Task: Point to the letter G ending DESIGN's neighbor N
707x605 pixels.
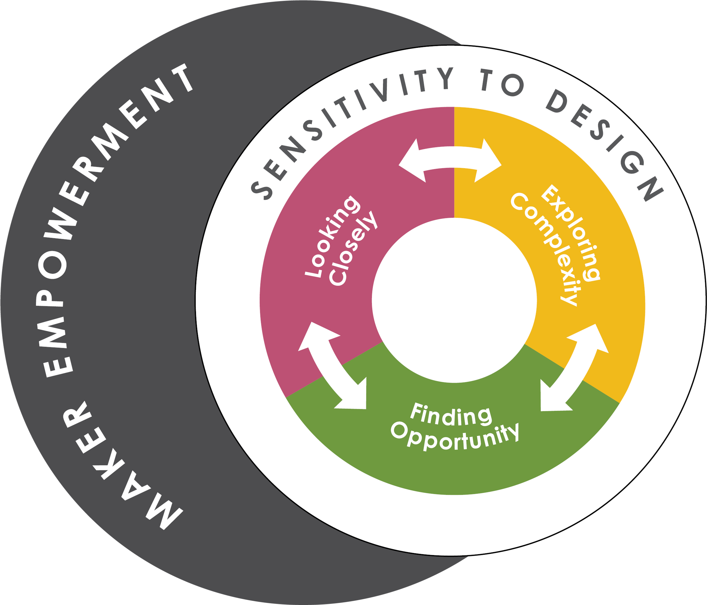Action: pyautogui.click(x=632, y=162)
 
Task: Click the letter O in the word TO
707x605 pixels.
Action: pyautogui.click(x=513, y=85)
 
